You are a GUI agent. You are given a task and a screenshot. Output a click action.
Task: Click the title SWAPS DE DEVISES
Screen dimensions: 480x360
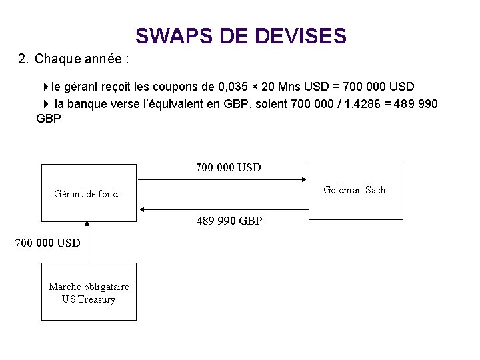click(240, 35)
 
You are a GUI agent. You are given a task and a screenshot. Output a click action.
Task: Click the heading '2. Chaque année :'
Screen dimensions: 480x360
click(74, 59)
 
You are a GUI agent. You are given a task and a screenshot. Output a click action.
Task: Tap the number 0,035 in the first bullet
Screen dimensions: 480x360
click(235, 87)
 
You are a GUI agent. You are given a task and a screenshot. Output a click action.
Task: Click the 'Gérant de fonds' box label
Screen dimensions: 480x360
click(88, 194)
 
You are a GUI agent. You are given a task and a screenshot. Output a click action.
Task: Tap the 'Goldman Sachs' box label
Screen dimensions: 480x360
click(356, 190)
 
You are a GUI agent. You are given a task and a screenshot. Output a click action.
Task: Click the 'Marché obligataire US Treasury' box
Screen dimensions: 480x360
click(88, 293)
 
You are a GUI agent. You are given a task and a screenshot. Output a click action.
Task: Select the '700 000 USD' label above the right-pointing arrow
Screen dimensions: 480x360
click(229, 167)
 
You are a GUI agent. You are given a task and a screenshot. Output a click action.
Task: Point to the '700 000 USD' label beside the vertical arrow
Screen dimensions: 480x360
click(47, 242)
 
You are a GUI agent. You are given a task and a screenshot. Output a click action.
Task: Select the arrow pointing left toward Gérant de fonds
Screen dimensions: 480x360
click(223, 207)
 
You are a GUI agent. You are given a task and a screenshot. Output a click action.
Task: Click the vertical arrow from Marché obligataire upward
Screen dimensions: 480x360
click(87, 242)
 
